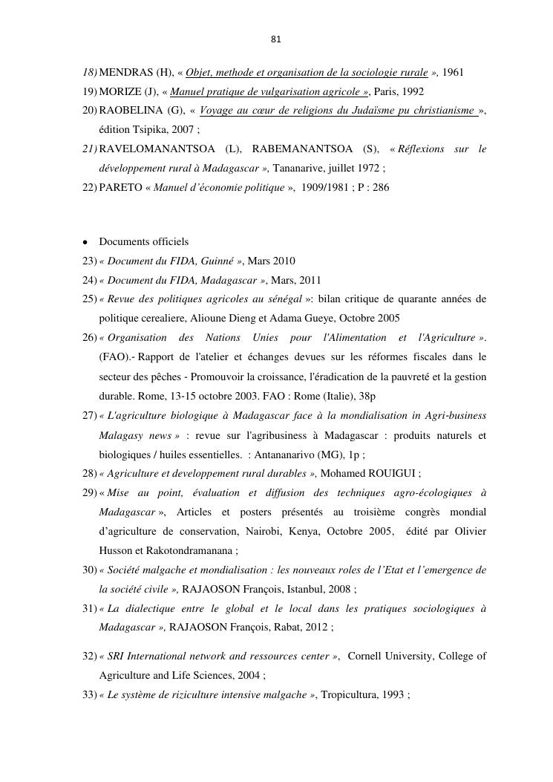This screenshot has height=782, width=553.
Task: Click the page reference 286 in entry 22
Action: point(380,189)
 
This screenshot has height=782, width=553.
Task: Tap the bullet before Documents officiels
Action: point(86,242)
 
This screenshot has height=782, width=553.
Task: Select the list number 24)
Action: point(89,281)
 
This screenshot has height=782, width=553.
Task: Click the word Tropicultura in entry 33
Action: point(347,695)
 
